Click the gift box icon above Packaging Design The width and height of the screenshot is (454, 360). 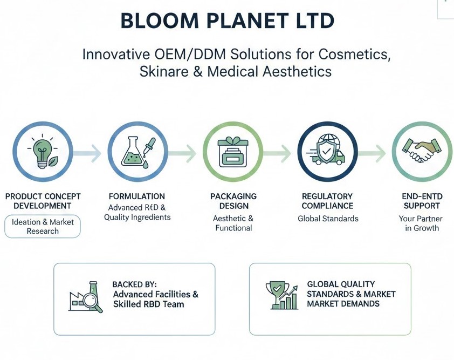coord(233,152)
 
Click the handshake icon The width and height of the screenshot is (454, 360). coord(422,150)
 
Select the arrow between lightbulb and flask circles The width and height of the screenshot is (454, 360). coord(87,153)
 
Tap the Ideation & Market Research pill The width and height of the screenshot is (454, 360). coord(43,226)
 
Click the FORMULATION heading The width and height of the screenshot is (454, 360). coord(136,196)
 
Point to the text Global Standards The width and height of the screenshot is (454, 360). coord(328,219)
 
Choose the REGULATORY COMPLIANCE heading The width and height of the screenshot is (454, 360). coord(327,201)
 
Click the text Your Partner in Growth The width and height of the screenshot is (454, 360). coord(422,223)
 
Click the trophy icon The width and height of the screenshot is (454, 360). coord(277,294)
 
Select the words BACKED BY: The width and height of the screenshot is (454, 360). coord(134,284)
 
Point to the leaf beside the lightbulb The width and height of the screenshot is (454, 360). coord(53,161)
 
